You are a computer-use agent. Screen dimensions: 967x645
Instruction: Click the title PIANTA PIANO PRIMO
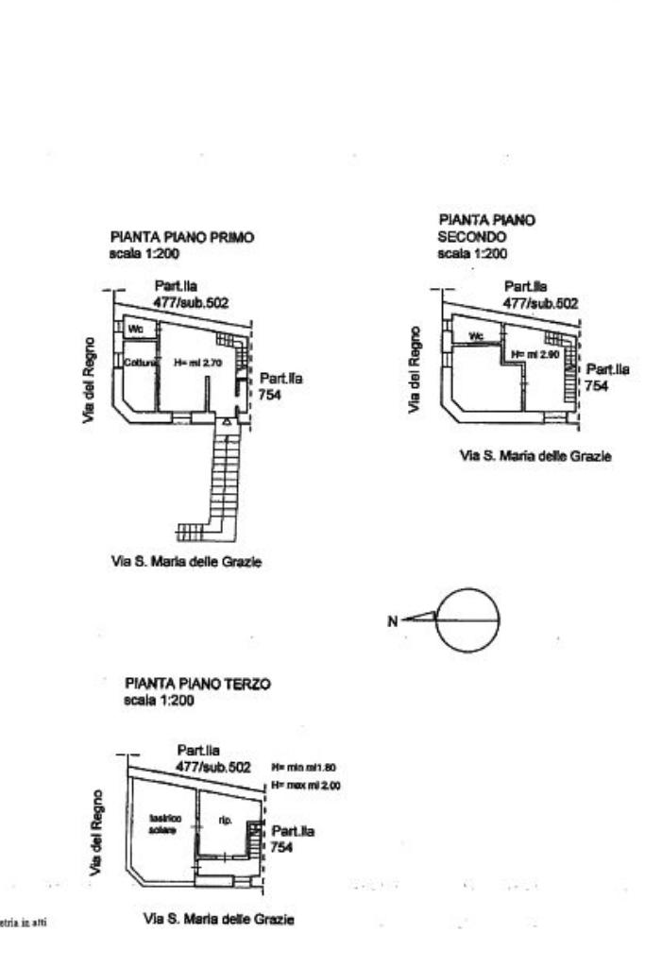coord(182,238)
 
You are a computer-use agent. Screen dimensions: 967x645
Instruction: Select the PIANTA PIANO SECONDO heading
coord(486,228)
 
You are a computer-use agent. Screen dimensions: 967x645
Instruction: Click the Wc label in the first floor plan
coord(134,330)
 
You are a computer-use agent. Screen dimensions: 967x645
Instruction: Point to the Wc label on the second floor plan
coord(477,335)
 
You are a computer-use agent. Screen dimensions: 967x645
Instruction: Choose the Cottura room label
coord(139,362)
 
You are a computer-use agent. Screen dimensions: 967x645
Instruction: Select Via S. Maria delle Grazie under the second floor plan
coord(535,455)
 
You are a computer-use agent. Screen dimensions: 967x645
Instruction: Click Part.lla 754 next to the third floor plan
coord(293,840)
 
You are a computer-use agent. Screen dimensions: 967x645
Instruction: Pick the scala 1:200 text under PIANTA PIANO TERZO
coord(159,701)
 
